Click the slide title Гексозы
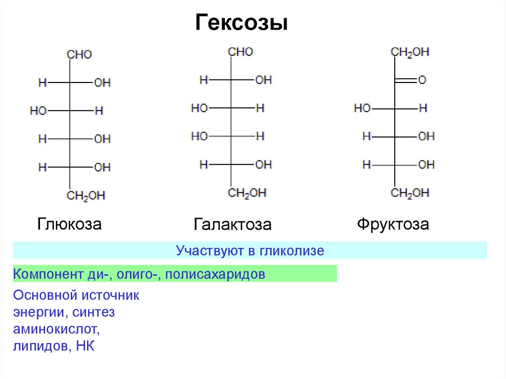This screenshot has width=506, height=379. (x=241, y=23)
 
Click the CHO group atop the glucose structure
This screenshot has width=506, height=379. (x=80, y=54)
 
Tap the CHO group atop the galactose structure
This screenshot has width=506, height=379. (x=241, y=52)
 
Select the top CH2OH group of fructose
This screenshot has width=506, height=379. (x=410, y=52)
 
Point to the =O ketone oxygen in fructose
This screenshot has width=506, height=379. (x=422, y=80)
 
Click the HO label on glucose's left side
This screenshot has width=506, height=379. (x=39, y=111)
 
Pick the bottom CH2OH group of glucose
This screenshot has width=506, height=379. (x=86, y=196)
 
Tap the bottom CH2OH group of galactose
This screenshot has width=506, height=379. (x=247, y=193)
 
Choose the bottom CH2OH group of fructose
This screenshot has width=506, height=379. (x=410, y=193)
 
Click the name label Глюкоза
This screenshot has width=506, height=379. (x=69, y=224)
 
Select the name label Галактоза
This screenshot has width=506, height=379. (x=232, y=224)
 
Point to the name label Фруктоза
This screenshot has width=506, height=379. (x=393, y=224)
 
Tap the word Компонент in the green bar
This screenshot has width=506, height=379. (x=48, y=274)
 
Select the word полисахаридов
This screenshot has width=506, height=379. (x=215, y=274)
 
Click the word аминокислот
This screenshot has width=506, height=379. (x=56, y=329)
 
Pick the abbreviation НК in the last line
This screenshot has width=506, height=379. (x=85, y=346)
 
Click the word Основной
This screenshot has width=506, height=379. (x=45, y=295)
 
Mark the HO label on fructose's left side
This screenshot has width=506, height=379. (x=362, y=108)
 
